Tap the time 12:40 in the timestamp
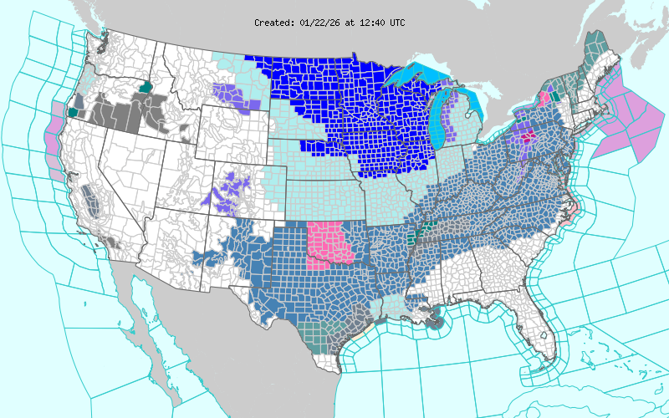[x=370, y=23]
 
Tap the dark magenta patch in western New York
[x=529, y=135]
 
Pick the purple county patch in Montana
[x=231, y=94]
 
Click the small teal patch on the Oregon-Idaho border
[x=146, y=85]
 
